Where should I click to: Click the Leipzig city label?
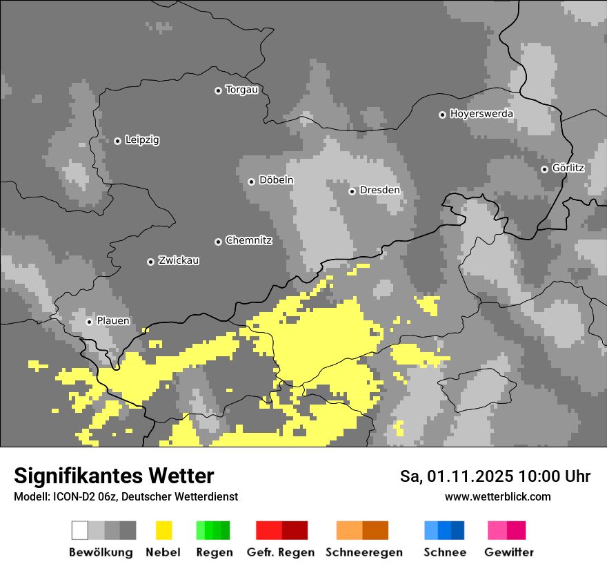pos(142,140)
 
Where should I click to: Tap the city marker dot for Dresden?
pos(352,191)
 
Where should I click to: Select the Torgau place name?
pos(241,90)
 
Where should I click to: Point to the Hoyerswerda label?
pos(481,114)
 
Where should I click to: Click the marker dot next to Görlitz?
pos(544,169)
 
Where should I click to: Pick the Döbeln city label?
pos(276,180)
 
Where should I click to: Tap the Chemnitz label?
pos(248,241)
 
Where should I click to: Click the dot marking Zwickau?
pos(150,262)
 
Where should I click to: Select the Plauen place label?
pos(112,321)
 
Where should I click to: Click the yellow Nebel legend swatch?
pos(163,530)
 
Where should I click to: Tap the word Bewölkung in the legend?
pos(101,552)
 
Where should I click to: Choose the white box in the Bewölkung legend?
pos(79,530)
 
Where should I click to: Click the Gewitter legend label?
pos(509,552)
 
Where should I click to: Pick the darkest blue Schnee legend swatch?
pos(458,530)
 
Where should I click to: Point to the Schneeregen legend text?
pos(364,552)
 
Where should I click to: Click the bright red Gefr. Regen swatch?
pos(269,530)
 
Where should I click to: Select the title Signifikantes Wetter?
pos(114,476)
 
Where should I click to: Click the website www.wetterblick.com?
pos(497,496)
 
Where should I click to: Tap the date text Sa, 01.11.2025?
pos(457,476)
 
